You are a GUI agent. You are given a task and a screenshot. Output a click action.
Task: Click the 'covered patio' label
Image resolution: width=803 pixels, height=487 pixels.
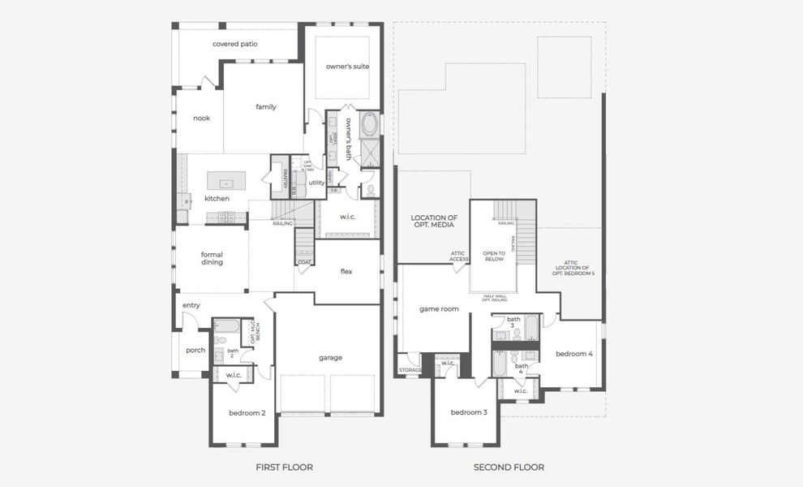click(x=235, y=44)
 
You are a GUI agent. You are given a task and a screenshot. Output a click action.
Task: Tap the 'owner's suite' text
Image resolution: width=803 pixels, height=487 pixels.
click(x=347, y=66)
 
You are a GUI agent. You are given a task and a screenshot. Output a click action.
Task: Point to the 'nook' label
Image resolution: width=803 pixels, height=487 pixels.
click(x=201, y=118)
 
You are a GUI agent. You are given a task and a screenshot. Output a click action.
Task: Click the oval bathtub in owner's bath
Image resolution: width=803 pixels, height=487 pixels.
click(x=369, y=124)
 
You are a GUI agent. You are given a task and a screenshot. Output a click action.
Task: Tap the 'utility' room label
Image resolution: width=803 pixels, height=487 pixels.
click(x=316, y=183)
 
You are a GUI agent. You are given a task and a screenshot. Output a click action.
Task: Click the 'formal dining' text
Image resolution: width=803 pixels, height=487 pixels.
click(x=212, y=258)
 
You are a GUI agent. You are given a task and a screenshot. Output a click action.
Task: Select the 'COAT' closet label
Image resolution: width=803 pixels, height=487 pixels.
click(x=304, y=262)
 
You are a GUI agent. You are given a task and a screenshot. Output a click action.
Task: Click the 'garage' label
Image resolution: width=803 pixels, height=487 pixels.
click(x=330, y=357)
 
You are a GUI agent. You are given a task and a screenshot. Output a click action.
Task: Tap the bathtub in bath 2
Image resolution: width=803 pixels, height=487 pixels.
click(x=226, y=327)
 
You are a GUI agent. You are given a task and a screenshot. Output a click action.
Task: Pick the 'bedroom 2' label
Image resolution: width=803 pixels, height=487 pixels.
click(x=247, y=413)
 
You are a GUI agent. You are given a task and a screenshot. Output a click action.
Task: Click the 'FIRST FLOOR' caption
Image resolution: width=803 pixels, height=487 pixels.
click(x=284, y=468)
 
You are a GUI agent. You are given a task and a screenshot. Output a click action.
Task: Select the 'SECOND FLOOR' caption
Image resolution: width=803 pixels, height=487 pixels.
click(x=509, y=468)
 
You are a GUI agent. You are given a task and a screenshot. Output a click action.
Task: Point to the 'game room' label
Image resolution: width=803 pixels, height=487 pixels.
click(x=439, y=309)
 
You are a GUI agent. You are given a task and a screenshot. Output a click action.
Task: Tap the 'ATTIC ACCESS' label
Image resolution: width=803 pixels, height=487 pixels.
click(x=459, y=256)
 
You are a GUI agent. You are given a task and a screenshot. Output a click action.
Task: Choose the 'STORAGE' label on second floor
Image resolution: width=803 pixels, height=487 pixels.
click(x=410, y=370)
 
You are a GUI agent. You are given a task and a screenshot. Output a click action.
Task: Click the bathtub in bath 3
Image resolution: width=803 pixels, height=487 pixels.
click(x=531, y=328)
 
